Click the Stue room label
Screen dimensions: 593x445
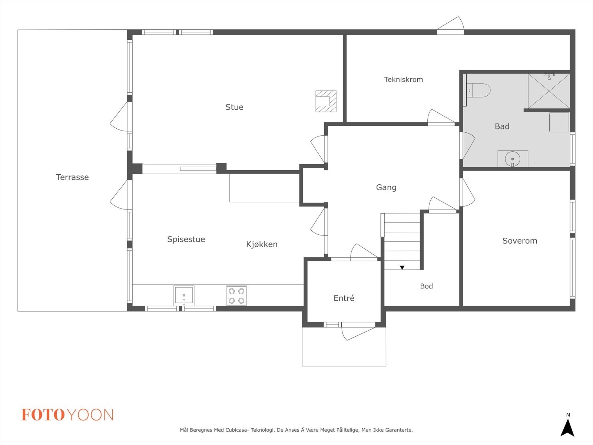click(234, 107)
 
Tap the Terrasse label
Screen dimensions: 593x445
click(72, 177)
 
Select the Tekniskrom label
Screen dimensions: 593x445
click(403, 79)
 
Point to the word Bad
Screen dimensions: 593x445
click(502, 126)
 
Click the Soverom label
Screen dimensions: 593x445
click(520, 241)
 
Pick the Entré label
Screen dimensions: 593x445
click(344, 298)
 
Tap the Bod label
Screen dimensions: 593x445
click(426, 286)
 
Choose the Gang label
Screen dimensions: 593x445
click(386, 187)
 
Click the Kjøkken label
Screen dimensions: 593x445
click(262, 244)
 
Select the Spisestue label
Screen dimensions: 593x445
click(186, 240)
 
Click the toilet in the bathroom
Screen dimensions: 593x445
click(478, 90)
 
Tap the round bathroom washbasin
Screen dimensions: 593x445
click(513, 159)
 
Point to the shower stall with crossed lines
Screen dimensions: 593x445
click(549, 91)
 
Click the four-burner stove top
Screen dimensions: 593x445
click(236, 296)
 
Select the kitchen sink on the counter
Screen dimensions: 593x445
click(184, 295)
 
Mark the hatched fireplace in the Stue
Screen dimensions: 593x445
click(326, 101)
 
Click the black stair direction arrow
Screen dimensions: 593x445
click(402, 267)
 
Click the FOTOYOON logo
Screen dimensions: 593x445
click(67, 415)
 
